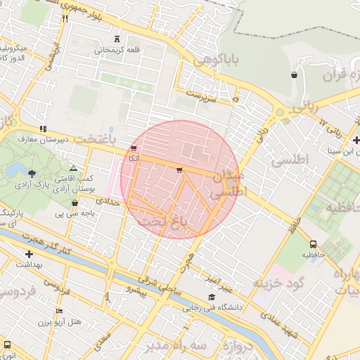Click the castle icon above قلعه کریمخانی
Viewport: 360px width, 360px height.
point(117,39)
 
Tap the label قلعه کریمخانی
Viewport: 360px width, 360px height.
point(117,50)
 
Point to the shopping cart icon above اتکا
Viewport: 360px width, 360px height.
point(134,148)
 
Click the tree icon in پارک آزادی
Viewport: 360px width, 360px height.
point(32,173)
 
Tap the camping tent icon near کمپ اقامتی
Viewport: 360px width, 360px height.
point(73,169)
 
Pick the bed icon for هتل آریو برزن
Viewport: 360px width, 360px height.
point(59,311)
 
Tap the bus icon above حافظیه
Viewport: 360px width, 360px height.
point(313,244)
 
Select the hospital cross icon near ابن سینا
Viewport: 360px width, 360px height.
point(356,139)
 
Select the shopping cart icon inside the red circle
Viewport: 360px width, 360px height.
point(179,170)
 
